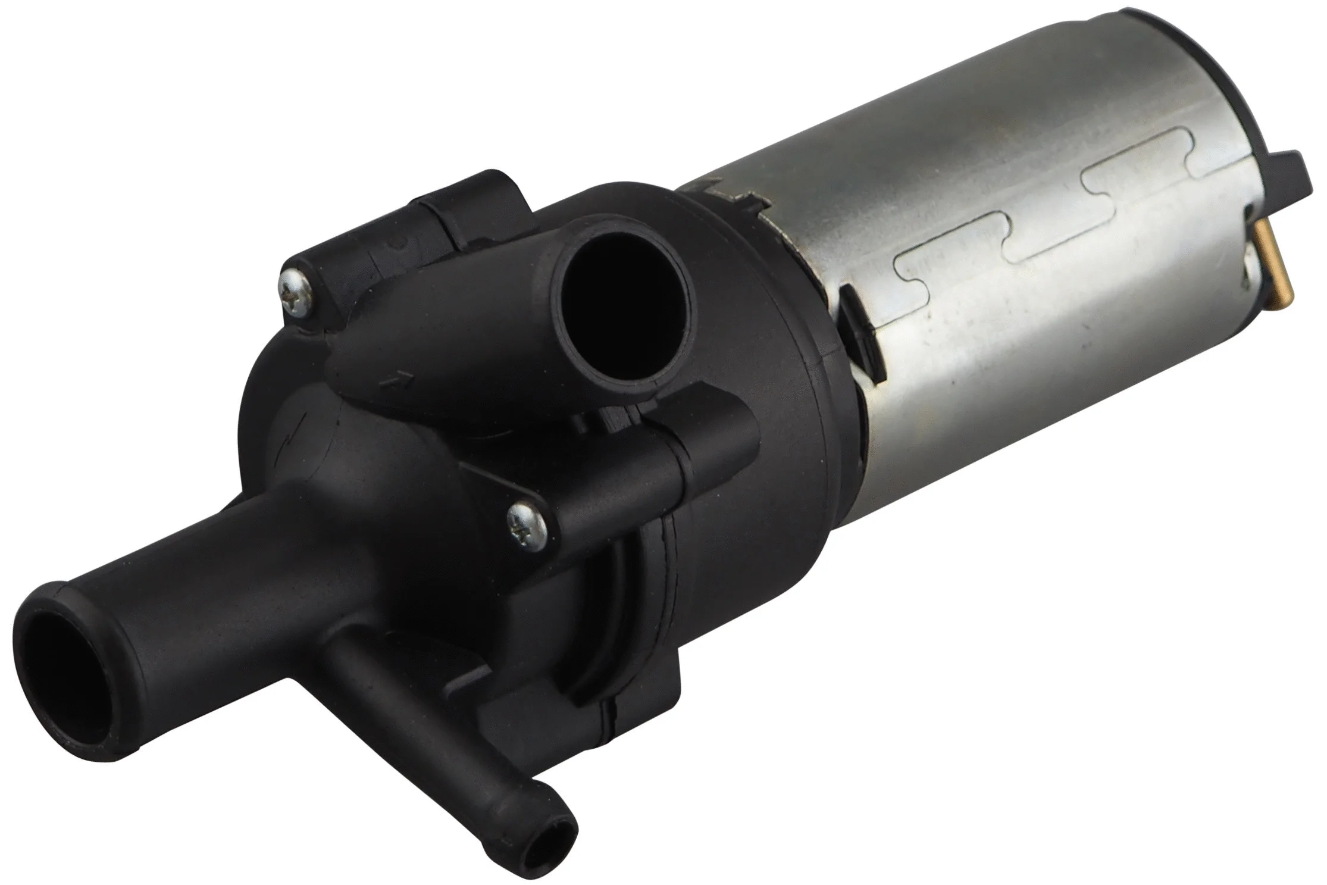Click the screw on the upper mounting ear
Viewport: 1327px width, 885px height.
pyautogui.click(x=296, y=289)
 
